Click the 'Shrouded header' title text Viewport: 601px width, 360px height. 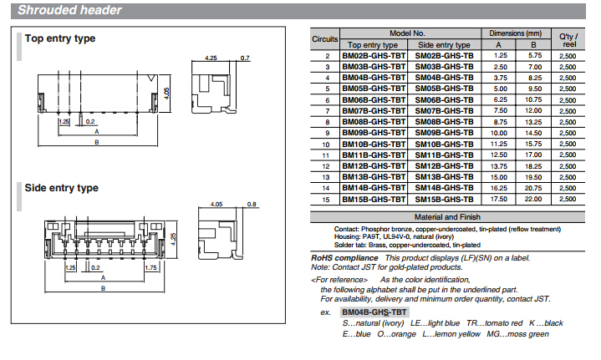tap(69, 10)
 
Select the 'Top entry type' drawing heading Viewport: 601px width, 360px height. tap(60, 38)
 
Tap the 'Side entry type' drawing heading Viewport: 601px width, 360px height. tap(62, 188)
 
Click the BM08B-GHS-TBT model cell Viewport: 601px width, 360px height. tap(374, 122)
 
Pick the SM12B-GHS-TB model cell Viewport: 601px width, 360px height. tap(444, 166)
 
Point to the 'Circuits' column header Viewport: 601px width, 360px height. tap(324, 39)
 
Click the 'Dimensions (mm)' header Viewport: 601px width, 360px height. tap(516, 33)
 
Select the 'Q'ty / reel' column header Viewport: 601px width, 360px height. tap(568, 40)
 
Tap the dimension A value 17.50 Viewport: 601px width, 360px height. tap(499, 199)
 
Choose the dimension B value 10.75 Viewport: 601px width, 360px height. tap(533, 99)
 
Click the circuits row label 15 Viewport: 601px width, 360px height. tap(326, 200)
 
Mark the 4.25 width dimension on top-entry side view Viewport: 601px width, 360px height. tap(211, 58)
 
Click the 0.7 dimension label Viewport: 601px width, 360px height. tap(245, 58)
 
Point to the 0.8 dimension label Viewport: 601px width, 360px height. tap(252, 204)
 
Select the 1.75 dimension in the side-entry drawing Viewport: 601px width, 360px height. tap(151, 267)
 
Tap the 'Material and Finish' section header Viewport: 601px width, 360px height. tap(447, 217)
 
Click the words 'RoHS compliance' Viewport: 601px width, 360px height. tap(344, 258)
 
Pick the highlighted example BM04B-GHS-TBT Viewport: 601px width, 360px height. tap(374, 312)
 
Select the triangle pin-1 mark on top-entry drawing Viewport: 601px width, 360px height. tap(152, 79)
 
